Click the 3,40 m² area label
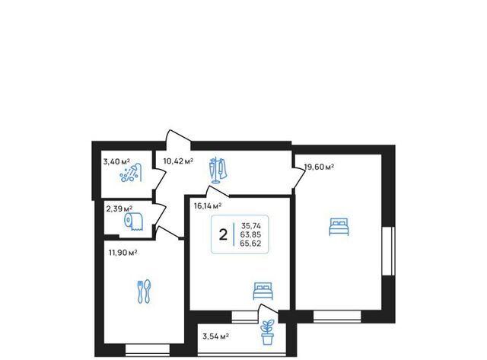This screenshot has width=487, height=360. [116, 161]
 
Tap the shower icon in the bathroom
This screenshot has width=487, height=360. [131, 174]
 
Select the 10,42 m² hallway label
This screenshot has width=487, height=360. [178, 161]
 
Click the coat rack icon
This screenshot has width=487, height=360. [218, 170]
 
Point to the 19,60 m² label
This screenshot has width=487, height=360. [319, 167]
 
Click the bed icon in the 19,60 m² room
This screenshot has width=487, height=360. [339, 227]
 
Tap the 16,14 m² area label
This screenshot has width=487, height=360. [208, 206]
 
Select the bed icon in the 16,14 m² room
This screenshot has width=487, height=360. [263, 291]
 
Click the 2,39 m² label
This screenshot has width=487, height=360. [119, 209]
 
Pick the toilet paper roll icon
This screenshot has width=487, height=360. [134, 221]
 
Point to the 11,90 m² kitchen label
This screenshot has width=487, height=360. [123, 253]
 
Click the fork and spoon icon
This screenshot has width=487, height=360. [144, 292]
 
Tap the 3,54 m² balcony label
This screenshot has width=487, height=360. [216, 336]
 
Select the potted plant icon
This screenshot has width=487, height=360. [267, 333]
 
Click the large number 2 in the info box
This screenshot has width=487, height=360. [223, 235]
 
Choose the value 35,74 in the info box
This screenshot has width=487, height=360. [251, 226]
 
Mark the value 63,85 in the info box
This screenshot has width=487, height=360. [250, 235]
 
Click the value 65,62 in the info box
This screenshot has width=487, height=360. [250, 244]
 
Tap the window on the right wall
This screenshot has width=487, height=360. [388, 251]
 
